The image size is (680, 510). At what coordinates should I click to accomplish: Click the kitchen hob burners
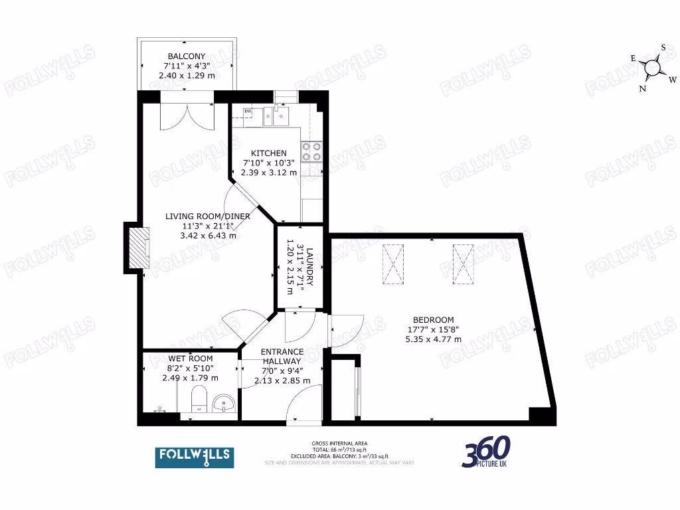point(311,152)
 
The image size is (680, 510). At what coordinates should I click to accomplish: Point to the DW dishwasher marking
point(248,111)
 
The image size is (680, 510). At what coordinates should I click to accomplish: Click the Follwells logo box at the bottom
point(194,456)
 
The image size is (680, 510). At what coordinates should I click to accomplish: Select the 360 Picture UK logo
point(486,452)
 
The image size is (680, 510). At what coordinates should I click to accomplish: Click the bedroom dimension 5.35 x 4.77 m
point(434,339)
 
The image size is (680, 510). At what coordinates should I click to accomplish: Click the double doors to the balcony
point(187,116)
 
